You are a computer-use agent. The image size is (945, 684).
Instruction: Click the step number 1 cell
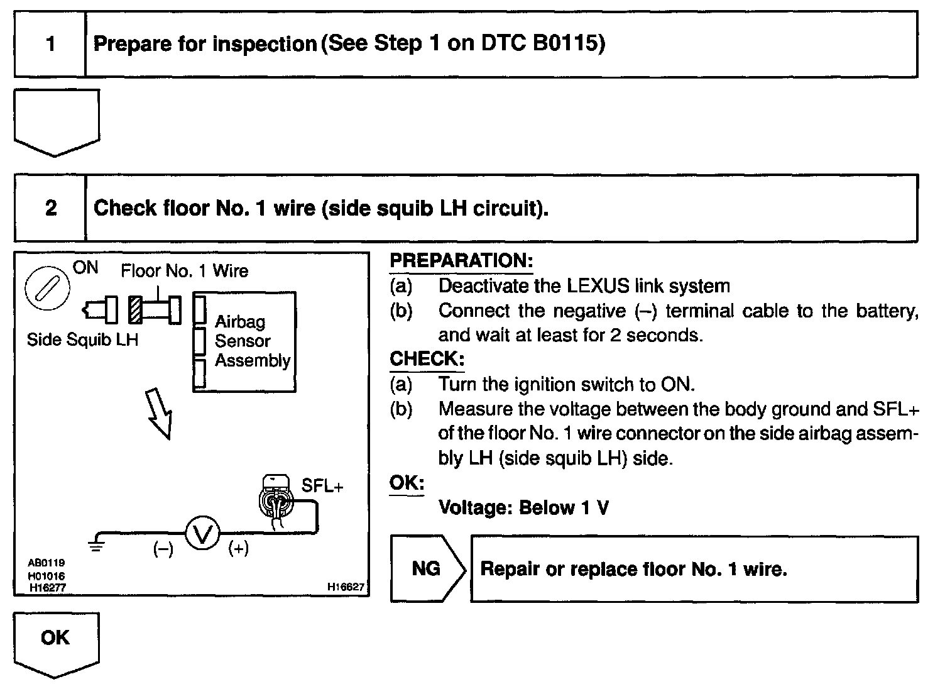coord(50,45)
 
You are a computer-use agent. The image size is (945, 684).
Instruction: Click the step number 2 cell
coord(50,208)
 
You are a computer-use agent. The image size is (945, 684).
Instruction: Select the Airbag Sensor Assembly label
coord(252,341)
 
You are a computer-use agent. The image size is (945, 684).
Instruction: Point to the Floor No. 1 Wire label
coord(184,271)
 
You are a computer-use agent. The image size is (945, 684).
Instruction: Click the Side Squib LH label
coord(82,339)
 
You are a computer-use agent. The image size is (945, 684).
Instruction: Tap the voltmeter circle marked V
coord(202,535)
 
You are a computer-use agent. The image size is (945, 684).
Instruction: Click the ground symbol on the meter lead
coord(96,543)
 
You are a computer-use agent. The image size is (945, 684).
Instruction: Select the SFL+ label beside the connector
coord(322,486)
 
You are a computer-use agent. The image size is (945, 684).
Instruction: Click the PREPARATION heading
coord(461,261)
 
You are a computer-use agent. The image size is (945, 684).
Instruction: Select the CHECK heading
coord(427,359)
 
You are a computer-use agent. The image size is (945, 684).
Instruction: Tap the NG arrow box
coord(427,569)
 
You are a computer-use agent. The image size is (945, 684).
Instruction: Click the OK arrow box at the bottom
coord(56,639)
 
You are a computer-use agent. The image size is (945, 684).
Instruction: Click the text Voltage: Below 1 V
coord(523,507)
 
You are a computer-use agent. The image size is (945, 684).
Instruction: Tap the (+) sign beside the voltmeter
coord(238,549)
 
